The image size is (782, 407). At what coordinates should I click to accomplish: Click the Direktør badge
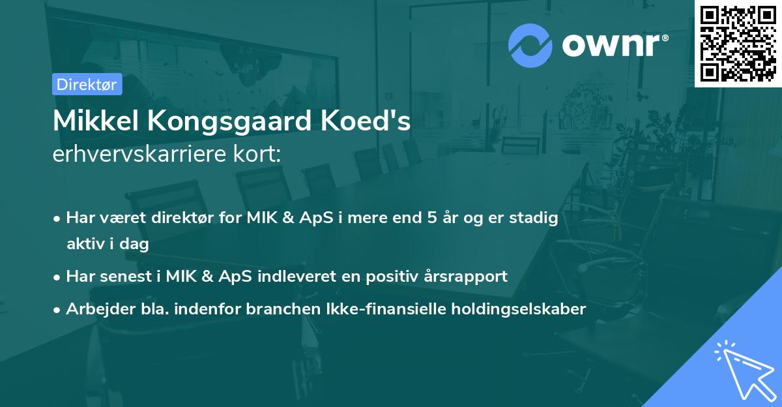tap(87, 84)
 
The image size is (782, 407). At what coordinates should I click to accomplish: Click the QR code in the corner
tap(738, 43)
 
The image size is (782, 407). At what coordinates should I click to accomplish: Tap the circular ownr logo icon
tap(530, 46)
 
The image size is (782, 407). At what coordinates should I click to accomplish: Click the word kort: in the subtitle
tap(260, 155)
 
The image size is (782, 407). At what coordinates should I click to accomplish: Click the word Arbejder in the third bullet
tap(96, 309)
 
